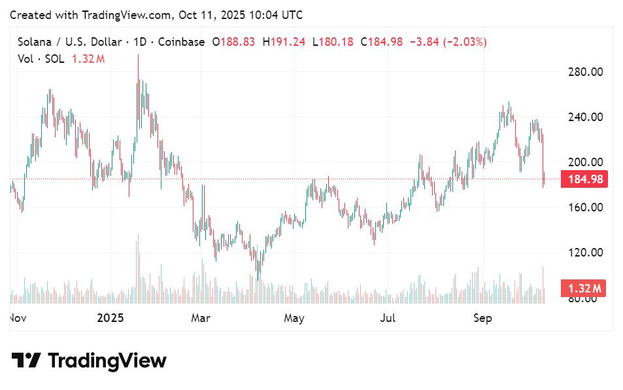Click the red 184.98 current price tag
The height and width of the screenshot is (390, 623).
[584, 179]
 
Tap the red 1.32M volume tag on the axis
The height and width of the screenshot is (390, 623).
[583, 289]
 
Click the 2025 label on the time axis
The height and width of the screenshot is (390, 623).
[110, 319]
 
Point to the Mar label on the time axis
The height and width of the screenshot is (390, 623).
[200, 319]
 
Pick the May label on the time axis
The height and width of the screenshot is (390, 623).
[294, 319]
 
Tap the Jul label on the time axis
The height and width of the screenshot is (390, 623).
[388, 319]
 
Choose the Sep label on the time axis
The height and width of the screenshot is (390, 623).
[482, 319]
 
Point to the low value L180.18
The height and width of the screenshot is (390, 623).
[333, 42]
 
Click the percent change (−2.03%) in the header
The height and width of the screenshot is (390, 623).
[465, 42]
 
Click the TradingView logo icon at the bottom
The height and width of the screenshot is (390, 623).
[26, 361]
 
